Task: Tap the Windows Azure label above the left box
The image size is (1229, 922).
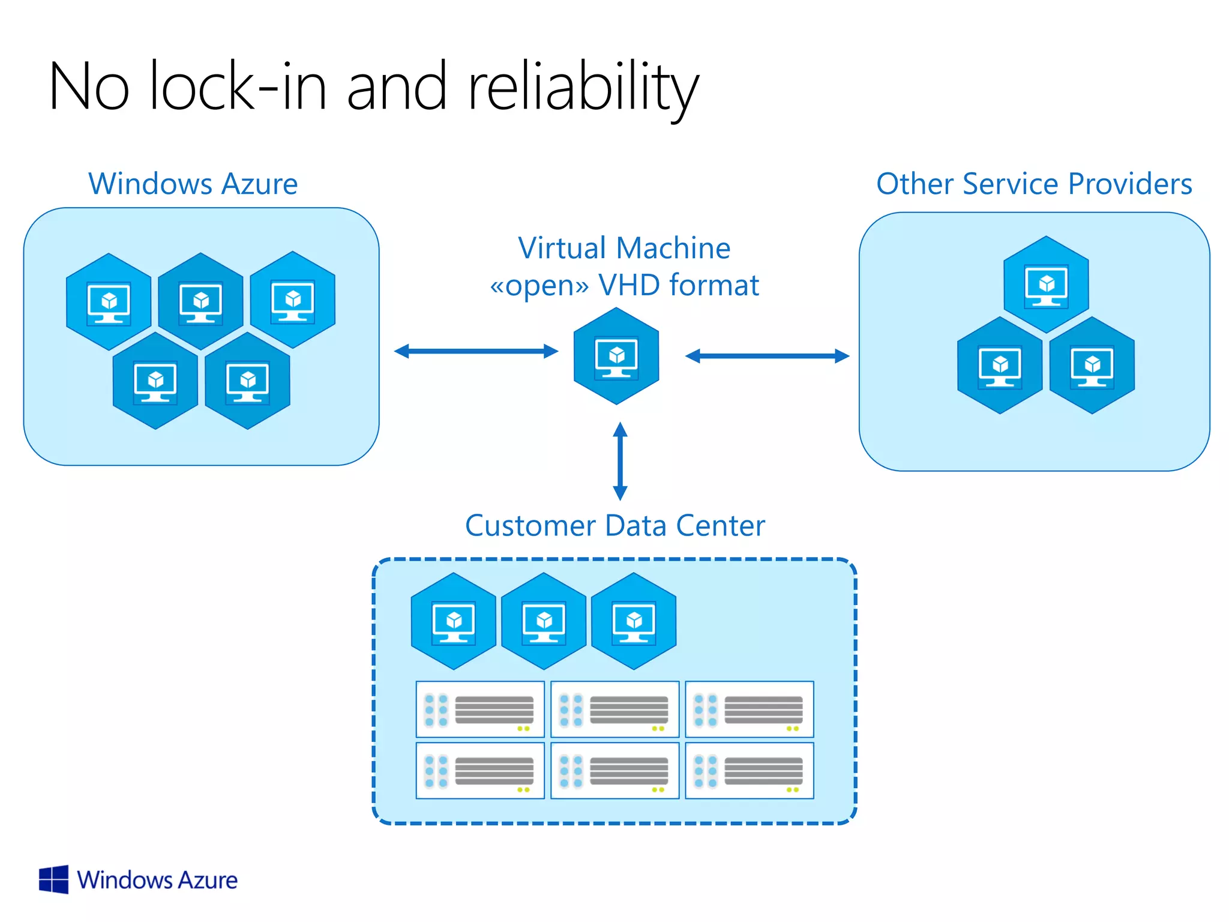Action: click(193, 184)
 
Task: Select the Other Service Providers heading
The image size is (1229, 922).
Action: click(1034, 184)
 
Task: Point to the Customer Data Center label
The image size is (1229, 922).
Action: click(614, 526)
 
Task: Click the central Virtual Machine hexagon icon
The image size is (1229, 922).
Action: click(616, 356)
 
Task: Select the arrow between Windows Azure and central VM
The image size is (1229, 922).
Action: click(476, 351)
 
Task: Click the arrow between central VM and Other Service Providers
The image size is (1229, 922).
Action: click(767, 356)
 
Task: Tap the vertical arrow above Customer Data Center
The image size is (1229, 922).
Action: click(620, 461)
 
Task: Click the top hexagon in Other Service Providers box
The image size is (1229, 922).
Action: click(1046, 284)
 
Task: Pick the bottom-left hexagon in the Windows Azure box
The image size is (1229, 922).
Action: click(155, 381)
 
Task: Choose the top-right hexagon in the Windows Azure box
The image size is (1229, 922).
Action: click(293, 300)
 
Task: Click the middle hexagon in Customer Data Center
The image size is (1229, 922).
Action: click(544, 621)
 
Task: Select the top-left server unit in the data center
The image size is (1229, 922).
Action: click(480, 709)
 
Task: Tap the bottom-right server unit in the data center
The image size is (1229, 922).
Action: click(749, 771)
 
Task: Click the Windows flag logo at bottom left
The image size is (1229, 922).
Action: click(53, 879)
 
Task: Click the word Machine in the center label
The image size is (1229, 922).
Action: click(673, 248)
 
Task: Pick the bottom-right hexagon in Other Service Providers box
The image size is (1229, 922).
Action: click(1092, 365)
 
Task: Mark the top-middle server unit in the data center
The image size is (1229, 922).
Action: click(614, 709)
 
